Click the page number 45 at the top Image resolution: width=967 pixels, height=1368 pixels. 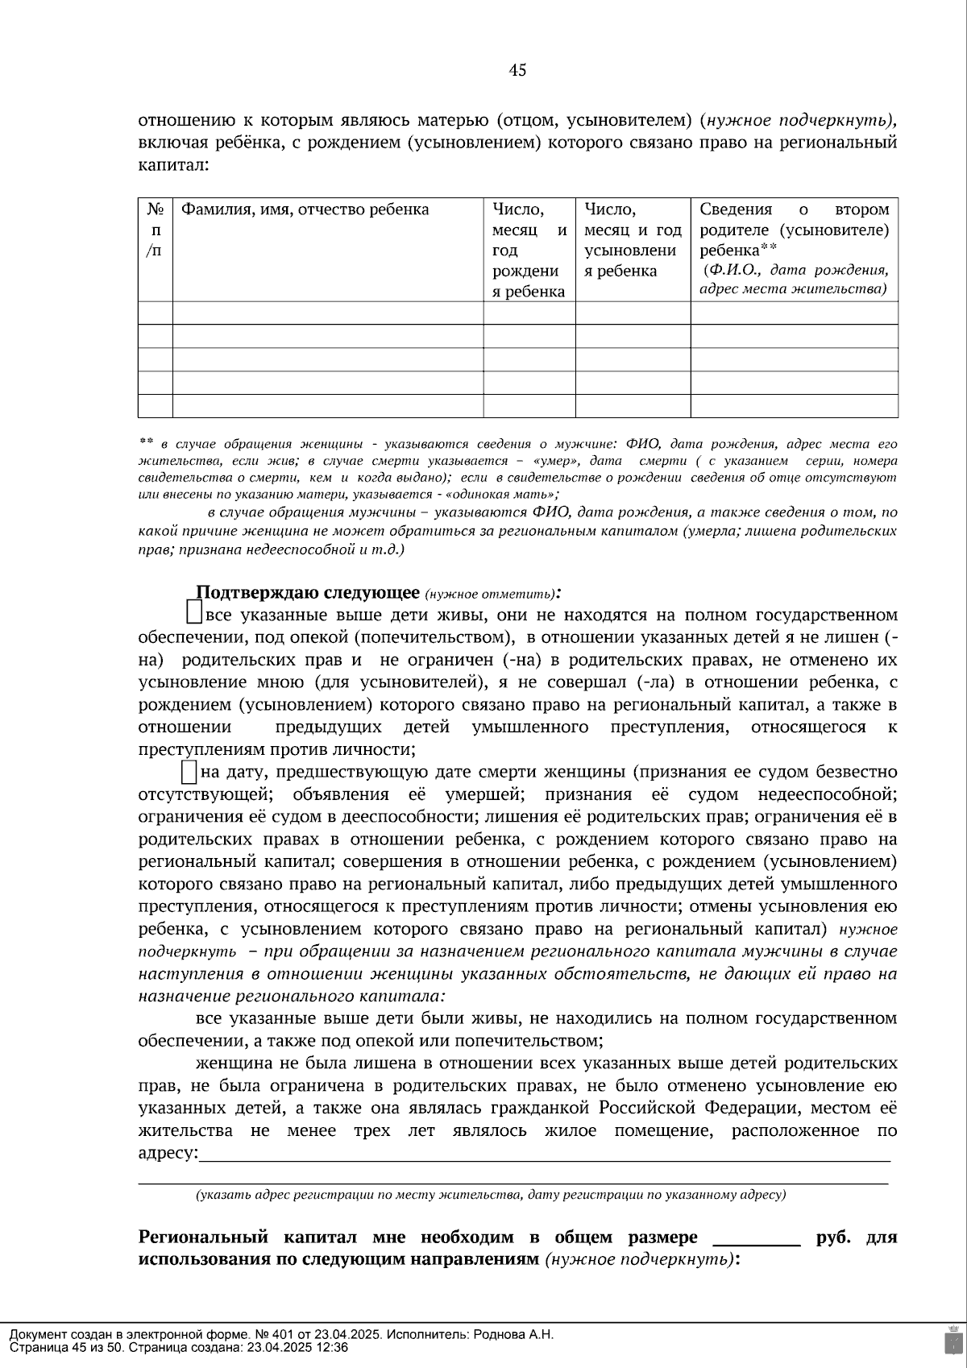point(517,71)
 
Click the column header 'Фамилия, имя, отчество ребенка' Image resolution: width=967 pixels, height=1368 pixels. point(305,210)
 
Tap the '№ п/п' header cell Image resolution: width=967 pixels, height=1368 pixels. point(155,230)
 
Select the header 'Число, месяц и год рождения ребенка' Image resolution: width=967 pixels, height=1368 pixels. point(529,250)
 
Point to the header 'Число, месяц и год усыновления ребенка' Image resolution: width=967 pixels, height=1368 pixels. point(632,240)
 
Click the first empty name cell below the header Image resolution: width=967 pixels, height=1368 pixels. point(327,313)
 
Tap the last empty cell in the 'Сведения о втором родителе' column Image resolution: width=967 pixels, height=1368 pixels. point(794,406)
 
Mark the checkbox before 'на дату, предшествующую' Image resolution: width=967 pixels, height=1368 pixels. point(189,772)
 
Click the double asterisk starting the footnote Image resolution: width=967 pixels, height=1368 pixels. point(146,442)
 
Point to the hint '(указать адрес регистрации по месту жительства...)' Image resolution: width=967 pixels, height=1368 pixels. point(490,1195)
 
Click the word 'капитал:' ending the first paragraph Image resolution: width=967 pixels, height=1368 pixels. point(173,166)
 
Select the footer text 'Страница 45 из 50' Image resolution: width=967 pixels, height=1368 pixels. point(66,1347)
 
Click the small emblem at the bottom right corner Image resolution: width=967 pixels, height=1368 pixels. point(952,1339)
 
